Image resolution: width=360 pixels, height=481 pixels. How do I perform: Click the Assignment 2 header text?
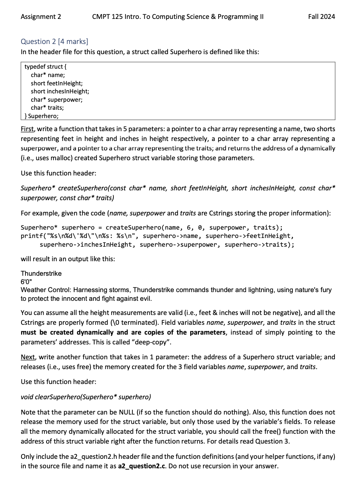(41, 17)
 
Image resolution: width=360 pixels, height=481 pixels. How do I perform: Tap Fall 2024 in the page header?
(321, 17)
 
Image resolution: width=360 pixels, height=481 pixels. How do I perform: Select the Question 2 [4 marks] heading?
(54, 41)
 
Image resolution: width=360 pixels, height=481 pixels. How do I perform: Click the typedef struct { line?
(45, 66)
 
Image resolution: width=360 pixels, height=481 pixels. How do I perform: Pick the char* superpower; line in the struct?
(56, 100)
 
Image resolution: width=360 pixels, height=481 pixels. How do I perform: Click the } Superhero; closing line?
(41, 116)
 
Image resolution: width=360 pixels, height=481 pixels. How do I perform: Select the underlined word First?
(27, 129)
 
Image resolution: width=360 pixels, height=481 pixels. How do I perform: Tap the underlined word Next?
(28, 357)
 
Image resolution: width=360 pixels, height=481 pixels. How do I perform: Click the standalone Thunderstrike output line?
(41, 274)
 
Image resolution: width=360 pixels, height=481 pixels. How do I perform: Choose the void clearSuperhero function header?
(86, 397)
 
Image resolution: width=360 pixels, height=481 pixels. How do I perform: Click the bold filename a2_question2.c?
(142, 466)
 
